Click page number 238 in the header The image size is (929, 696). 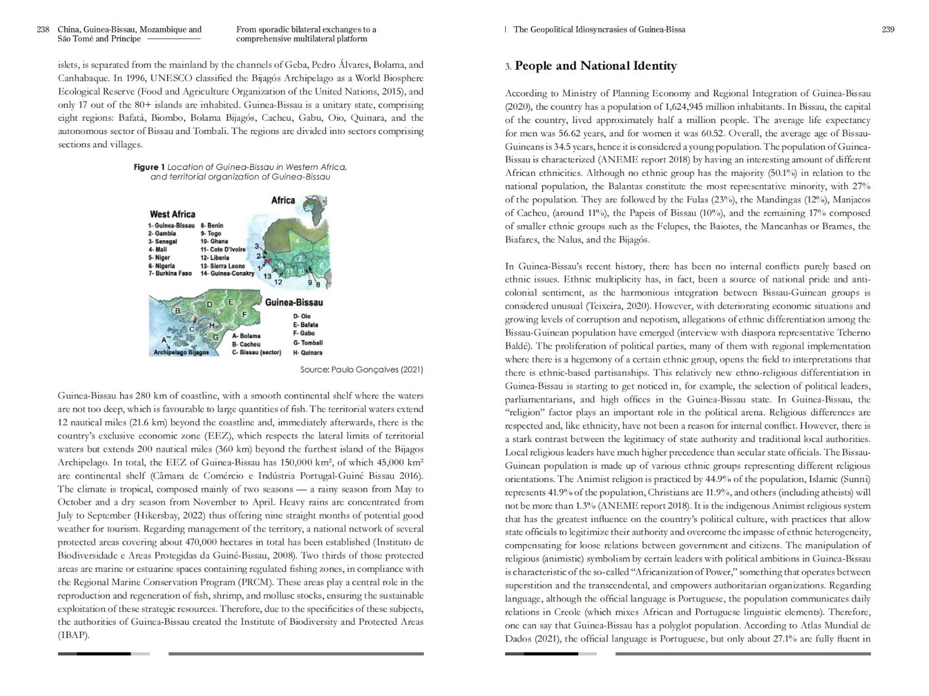click(42, 30)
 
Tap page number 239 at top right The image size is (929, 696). click(888, 30)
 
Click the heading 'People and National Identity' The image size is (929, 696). click(596, 66)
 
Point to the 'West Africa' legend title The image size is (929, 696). click(172, 214)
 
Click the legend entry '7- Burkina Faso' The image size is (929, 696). click(170, 273)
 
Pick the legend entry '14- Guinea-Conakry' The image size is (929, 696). click(227, 273)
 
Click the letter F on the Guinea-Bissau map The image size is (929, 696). click(244, 314)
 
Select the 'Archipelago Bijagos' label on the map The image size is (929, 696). click(181, 352)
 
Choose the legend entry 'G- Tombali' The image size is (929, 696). click(308, 343)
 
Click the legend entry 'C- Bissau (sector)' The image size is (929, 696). click(256, 352)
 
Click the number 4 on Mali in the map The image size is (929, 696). click(297, 240)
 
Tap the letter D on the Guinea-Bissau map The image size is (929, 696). click(209, 304)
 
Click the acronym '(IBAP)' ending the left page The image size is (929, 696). click(73, 635)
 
